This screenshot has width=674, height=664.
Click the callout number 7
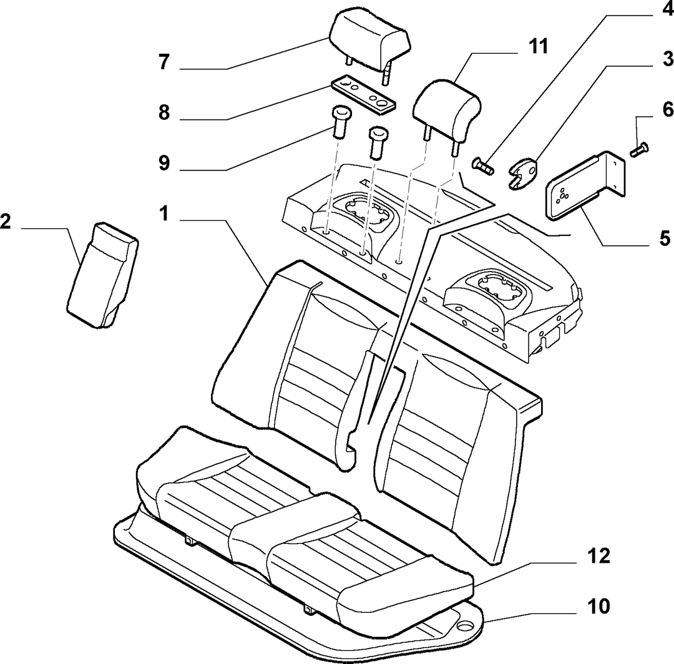[164, 62]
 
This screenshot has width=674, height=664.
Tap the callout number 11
[538, 46]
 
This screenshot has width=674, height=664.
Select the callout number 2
[5, 222]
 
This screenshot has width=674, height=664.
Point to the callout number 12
[598, 556]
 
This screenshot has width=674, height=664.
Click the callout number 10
[598, 607]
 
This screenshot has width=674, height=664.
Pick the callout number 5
[665, 238]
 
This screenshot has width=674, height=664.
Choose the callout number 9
[164, 163]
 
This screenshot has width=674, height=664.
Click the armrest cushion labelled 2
[103, 275]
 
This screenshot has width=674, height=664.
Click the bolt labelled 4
[483, 166]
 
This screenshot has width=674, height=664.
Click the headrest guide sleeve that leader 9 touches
[342, 122]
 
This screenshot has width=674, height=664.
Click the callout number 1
[164, 213]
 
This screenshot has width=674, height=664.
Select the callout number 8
[164, 112]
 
